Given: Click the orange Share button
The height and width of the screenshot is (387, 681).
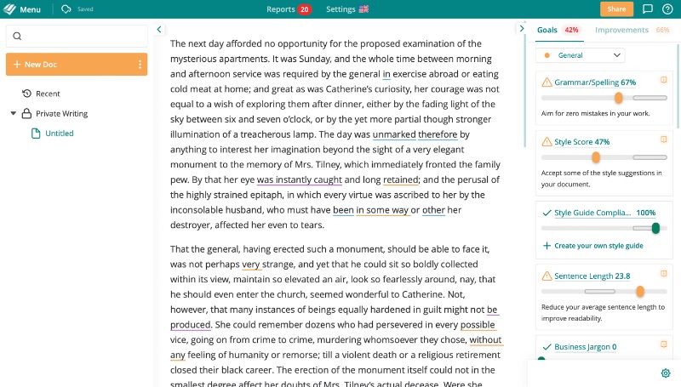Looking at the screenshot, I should pyautogui.click(x=616, y=9).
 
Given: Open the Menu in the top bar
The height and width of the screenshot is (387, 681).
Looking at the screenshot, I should pyautogui.click(x=24, y=9).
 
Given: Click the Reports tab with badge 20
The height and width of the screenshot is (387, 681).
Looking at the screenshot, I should pyautogui.click(x=289, y=9).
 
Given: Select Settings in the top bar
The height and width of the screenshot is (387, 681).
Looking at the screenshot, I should pyautogui.click(x=346, y=9).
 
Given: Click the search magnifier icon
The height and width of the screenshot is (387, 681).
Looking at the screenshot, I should pyautogui.click(x=18, y=36).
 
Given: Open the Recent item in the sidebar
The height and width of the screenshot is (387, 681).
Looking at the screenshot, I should pyautogui.click(x=48, y=94).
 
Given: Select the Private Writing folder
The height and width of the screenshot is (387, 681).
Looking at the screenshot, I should pyautogui.click(x=61, y=113).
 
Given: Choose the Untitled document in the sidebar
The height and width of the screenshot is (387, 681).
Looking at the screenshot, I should pyautogui.click(x=59, y=134).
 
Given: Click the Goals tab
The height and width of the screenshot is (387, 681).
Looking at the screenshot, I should pyautogui.click(x=547, y=30).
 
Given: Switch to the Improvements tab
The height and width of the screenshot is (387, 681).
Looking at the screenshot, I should pyautogui.click(x=621, y=30).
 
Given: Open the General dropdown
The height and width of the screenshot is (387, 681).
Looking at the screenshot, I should pyautogui.click(x=580, y=55).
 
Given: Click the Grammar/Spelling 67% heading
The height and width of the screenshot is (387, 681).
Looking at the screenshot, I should pyautogui.click(x=595, y=83).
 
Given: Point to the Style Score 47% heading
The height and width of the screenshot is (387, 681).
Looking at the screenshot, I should pyautogui.click(x=581, y=142).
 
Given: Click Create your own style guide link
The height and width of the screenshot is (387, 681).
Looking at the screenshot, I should pyautogui.click(x=598, y=246).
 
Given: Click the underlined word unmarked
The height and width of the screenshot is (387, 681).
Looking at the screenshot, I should pyautogui.click(x=394, y=134).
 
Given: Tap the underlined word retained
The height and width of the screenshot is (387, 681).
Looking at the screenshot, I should pyautogui.click(x=400, y=179).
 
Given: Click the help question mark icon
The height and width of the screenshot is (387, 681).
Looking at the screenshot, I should pyautogui.click(x=667, y=9).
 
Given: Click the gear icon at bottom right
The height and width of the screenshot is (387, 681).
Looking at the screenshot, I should pyautogui.click(x=666, y=373).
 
